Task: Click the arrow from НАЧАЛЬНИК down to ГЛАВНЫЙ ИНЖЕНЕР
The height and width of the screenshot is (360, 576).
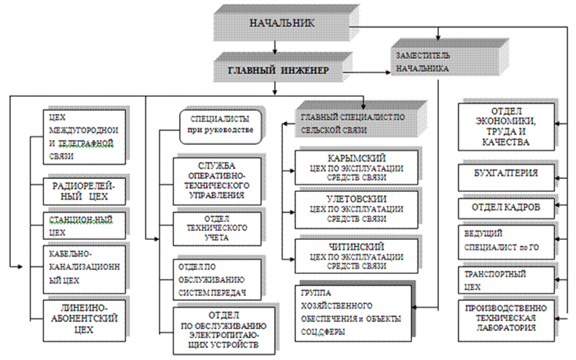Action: click(275, 46)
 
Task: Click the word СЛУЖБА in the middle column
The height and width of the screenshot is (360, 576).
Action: click(217, 166)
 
